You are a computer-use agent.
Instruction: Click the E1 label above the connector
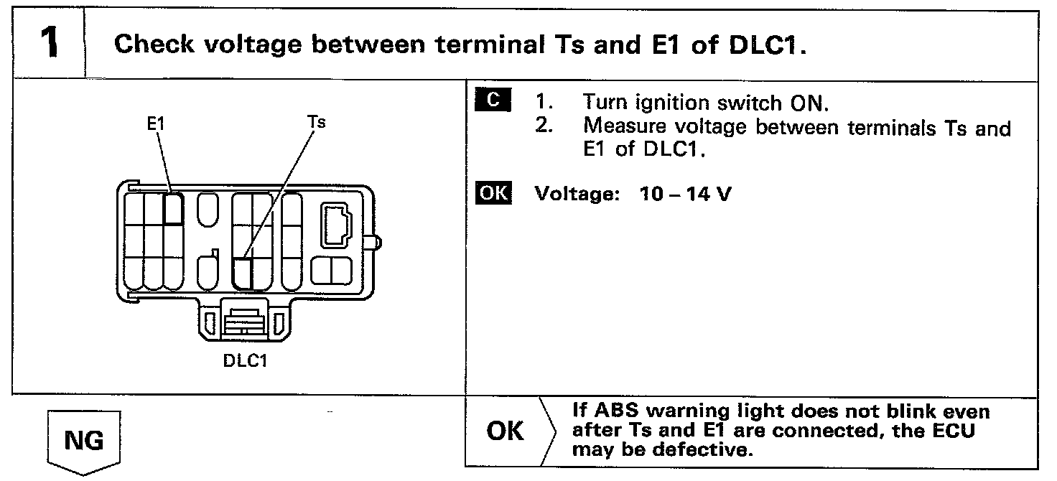point(155,123)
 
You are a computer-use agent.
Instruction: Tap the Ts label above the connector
point(316,122)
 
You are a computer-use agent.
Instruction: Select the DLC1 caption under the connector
point(245,360)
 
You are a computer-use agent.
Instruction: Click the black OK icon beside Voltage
point(493,194)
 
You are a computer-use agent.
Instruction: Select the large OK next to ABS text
point(505,431)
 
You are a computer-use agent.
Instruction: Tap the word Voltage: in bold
point(577,195)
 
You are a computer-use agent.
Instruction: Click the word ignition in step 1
point(674,104)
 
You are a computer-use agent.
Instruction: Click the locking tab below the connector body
point(245,321)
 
